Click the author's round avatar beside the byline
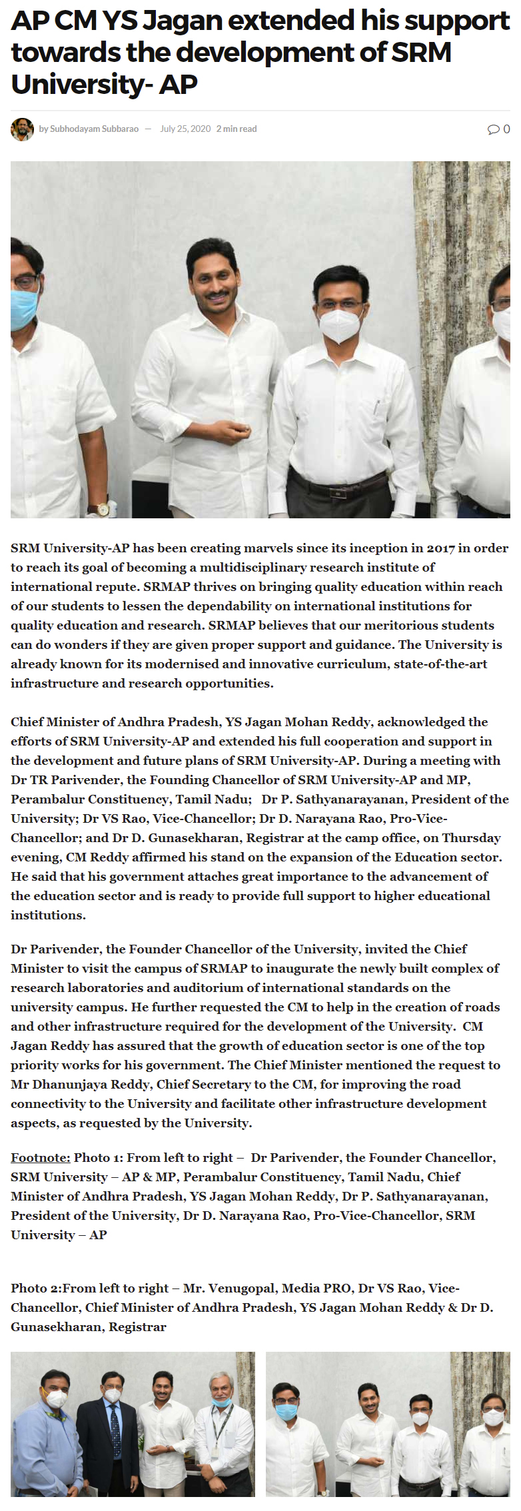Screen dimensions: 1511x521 point(22,129)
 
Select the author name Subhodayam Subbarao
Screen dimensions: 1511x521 point(94,129)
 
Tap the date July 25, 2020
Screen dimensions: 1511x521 point(185,129)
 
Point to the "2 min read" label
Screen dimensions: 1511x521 point(237,129)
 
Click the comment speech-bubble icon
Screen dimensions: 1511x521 point(493,129)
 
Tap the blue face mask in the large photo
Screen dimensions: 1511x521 point(24,308)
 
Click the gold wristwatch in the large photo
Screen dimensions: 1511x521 point(103,510)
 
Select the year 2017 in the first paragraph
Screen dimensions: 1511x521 point(440,548)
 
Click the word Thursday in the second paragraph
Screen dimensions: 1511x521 point(471,838)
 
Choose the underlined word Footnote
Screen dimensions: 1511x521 point(40,1158)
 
